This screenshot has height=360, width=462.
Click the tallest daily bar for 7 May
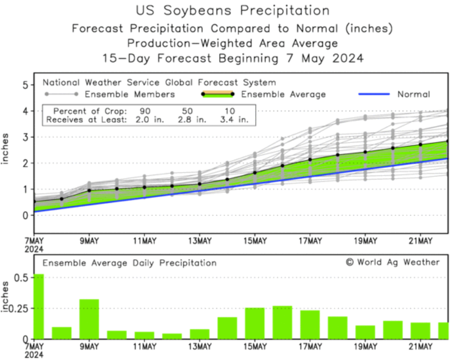tap(38, 306)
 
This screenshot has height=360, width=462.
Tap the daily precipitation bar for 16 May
tap(282, 322)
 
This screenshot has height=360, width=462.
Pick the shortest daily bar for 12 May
tap(172, 336)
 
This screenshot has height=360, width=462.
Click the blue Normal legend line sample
tap(374, 95)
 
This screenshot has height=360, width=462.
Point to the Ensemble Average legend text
tap(283, 95)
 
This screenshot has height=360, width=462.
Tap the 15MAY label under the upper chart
tap(255, 241)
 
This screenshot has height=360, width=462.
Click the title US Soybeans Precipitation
tap(232, 11)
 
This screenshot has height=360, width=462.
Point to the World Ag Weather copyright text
tap(393, 262)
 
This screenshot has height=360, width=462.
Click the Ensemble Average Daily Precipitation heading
tap(130, 263)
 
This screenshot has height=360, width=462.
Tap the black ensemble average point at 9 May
tap(89, 190)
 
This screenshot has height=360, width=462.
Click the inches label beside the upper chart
tap(6, 149)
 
